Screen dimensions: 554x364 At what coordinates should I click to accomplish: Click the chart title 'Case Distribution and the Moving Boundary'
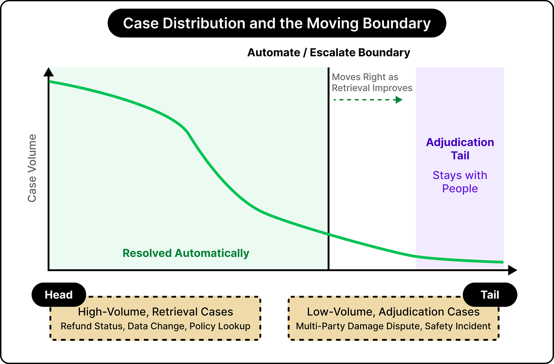(x=277, y=23)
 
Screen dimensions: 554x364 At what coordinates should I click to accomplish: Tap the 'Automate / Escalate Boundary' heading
(x=329, y=52)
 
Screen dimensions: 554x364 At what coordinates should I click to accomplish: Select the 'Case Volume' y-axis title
(x=32, y=168)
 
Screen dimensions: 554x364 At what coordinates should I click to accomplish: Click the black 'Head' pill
(x=59, y=295)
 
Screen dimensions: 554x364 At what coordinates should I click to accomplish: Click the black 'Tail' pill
(x=490, y=295)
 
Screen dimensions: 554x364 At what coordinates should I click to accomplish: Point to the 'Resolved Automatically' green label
(x=186, y=253)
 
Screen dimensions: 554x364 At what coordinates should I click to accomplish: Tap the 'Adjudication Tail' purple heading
(x=460, y=149)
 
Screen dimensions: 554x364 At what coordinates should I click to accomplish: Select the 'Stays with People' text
(x=460, y=182)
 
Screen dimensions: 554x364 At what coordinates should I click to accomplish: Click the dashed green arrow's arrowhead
(x=399, y=100)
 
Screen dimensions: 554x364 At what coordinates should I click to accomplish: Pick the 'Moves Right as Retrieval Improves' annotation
(x=372, y=82)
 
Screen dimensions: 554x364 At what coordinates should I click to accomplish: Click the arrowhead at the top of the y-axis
(x=48, y=72)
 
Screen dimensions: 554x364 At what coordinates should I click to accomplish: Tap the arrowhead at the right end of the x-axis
(x=513, y=270)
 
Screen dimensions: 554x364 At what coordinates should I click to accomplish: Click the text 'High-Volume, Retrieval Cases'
(x=156, y=312)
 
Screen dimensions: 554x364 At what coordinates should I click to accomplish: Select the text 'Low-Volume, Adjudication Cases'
(x=393, y=312)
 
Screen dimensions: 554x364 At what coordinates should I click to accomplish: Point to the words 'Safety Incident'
(x=458, y=326)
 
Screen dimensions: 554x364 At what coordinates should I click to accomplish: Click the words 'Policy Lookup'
(x=220, y=326)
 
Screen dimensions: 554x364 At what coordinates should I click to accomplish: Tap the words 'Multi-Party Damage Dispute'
(x=358, y=326)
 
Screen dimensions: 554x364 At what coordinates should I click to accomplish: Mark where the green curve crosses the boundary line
(x=328, y=234)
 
